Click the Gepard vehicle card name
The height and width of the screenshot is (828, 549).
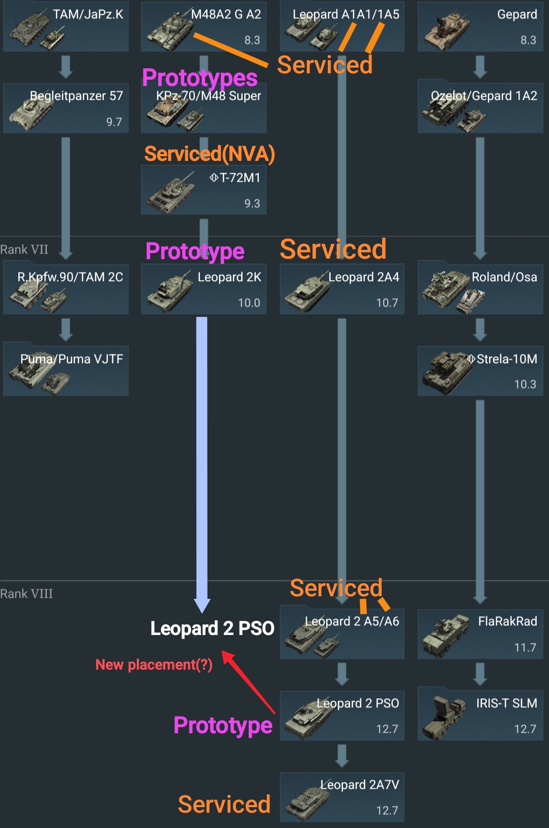pos(516,14)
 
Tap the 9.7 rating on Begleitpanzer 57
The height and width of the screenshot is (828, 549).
pos(114,122)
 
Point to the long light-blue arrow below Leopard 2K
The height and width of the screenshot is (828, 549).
pos(202,458)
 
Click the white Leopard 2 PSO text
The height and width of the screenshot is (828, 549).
pos(212,628)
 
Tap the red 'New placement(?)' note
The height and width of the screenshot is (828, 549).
pos(154,665)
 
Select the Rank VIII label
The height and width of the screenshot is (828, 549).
pos(26,594)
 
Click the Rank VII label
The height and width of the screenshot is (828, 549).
pos(24,250)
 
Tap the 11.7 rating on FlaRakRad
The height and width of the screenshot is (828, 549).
pos(525,647)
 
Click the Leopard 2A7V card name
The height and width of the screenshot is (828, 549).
pos(359,785)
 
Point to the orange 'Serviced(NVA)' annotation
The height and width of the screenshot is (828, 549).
pos(209,154)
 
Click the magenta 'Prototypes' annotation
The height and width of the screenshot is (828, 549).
pos(199,78)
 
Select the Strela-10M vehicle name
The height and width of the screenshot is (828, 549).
pos(506,359)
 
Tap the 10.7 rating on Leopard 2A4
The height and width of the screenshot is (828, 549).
pos(387,303)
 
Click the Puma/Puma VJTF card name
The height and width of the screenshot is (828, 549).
pos(72,359)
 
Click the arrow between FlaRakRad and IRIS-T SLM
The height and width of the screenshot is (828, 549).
pos(480,674)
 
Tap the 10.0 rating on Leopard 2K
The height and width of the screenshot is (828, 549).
pos(249,303)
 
